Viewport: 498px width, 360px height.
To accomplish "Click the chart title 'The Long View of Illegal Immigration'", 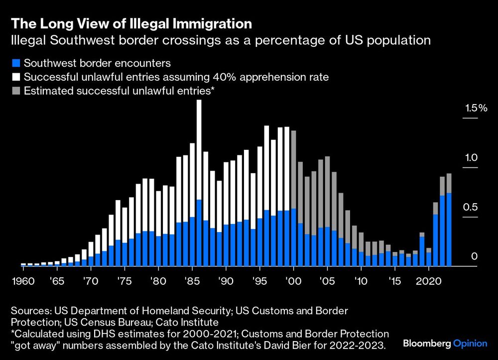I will click(131, 23).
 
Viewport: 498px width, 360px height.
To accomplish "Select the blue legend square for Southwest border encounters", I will click(16, 63).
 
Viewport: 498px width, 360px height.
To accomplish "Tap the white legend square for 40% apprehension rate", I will click(16, 77).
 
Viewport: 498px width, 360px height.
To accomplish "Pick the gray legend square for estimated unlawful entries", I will click(16, 91).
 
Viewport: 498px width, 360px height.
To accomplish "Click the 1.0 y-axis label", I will click(471, 158).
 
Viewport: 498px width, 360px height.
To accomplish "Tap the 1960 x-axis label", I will click(23, 281).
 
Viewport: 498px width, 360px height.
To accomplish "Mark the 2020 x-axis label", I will click(428, 281).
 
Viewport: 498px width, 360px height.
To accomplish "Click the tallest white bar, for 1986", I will click(199, 149).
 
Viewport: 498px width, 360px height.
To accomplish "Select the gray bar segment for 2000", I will click(294, 169).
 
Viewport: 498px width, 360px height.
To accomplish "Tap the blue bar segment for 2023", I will click(449, 229).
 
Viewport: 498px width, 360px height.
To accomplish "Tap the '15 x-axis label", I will click(395, 281).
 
